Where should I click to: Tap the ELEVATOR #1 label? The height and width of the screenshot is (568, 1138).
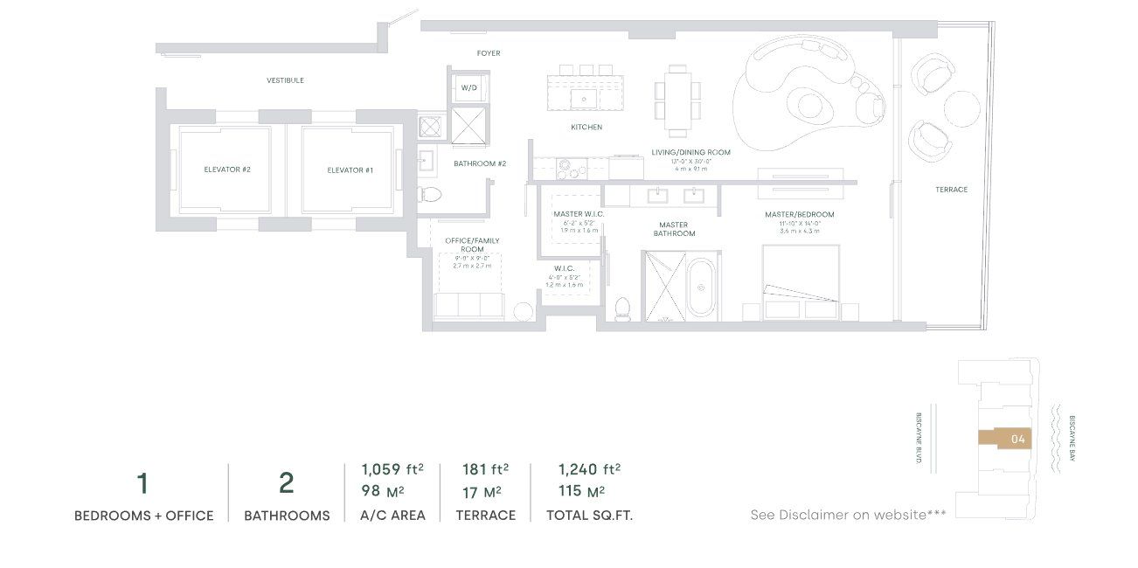pos(350,170)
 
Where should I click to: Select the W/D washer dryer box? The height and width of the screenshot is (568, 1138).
pos(469,88)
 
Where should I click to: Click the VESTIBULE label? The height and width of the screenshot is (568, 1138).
pos(285,80)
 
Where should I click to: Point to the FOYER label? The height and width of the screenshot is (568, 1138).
pos(489,53)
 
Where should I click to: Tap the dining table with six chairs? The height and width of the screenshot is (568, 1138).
pos(677,100)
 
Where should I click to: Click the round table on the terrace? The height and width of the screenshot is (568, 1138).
pos(962,110)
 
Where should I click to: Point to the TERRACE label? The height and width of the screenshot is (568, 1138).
pos(951,190)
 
